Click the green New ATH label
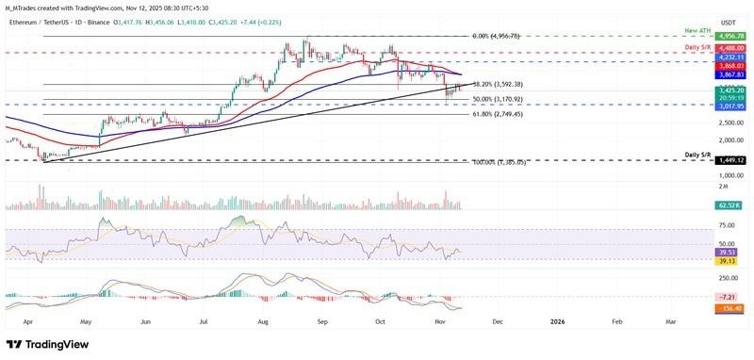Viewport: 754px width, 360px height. click(x=698, y=31)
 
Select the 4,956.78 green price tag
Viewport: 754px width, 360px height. click(x=731, y=36)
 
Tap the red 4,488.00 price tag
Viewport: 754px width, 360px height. click(x=731, y=52)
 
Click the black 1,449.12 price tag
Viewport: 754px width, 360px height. click(x=731, y=161)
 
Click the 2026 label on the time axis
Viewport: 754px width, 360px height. click(x=557, y=321)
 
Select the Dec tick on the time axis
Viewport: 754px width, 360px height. click(x=497, y=321)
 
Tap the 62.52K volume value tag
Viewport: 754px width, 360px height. click(x=731, y=204)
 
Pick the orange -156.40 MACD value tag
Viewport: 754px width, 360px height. click(x=731, y=308)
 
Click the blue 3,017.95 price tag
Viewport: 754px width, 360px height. click(x=731, y=106)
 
